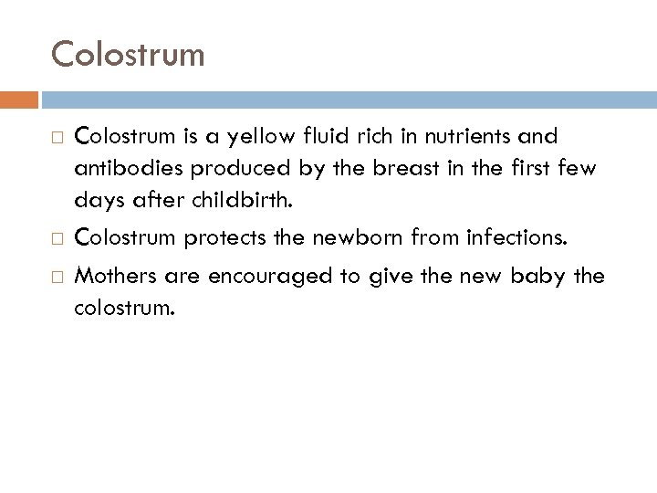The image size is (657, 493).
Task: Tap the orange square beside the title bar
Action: pyautogui.click(x=26, y=98)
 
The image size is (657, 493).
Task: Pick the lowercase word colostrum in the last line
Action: pyautogui.click(x=122, y=307)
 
